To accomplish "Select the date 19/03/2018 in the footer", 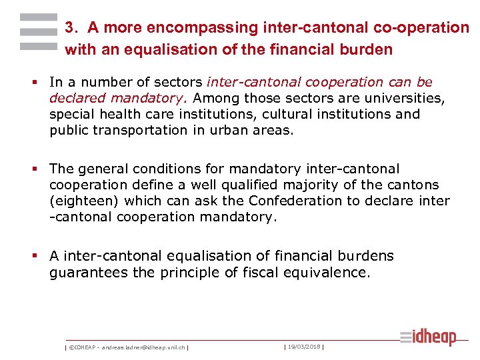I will tap(304, 347).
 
